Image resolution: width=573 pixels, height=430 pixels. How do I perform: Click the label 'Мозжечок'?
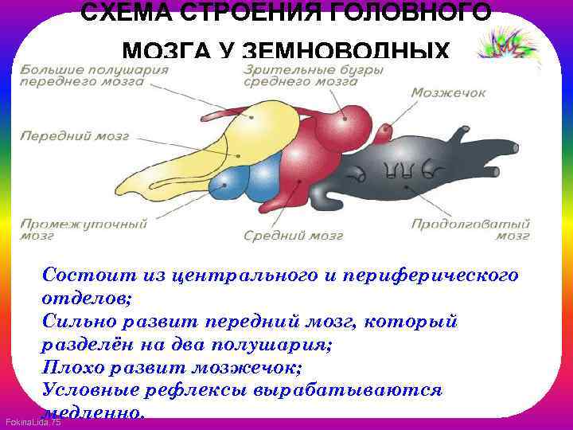tap(448, 93)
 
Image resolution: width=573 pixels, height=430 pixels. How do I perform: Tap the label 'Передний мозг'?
tap(75, 135)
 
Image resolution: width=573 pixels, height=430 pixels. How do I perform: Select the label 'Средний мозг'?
tap(293, 236)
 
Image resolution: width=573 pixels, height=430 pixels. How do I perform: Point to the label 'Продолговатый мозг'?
tap(470, 229)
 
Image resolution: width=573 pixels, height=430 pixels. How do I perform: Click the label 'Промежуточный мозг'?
tap(84, 229)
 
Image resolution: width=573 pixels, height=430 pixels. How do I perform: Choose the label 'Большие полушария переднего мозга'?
tap(94, 76)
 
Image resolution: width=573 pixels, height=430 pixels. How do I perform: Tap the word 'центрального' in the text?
tap(252, 276)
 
